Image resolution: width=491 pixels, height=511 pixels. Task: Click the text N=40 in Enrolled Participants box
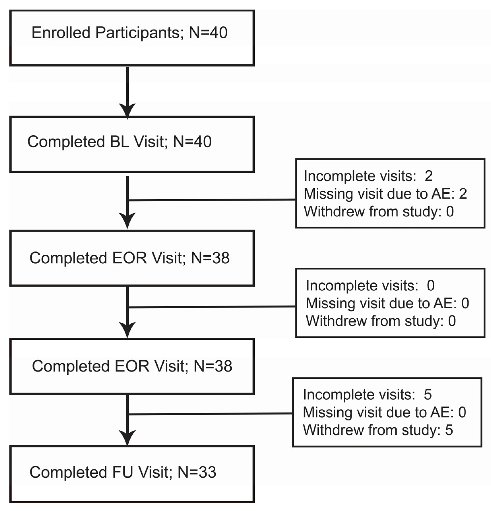click(208, 33)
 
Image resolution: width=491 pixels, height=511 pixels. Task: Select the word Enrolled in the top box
click(61, 33)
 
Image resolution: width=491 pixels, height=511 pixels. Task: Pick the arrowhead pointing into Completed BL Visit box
click(127, 110)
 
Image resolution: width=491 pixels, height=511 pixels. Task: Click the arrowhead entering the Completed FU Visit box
click(127, 437)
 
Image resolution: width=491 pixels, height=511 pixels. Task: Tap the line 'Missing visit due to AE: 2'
click(385, 194)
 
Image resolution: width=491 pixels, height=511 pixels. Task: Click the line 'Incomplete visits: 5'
click(367, 395)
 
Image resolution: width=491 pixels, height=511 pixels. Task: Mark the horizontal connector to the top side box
click(212, 200)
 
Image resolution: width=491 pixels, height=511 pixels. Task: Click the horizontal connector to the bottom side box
click(211, 414)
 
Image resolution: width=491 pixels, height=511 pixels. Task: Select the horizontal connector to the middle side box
click(212, 307)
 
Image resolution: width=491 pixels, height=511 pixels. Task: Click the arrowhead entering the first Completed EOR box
click(127, 219)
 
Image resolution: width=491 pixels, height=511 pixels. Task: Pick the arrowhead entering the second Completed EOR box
click(127, 329)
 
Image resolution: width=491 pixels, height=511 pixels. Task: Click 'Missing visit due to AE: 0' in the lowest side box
click(384, 412)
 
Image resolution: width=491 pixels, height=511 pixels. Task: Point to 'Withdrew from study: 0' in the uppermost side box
click(379, 211)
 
